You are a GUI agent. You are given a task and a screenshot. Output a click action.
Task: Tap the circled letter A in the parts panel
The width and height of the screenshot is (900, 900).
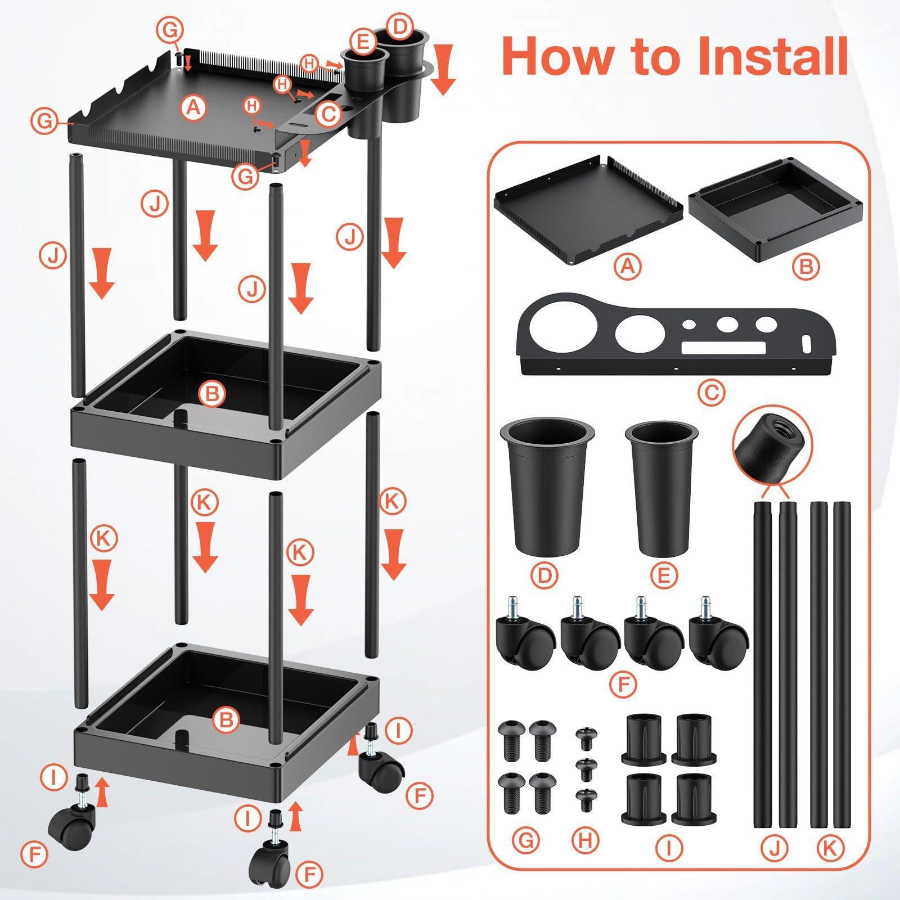[628, 266]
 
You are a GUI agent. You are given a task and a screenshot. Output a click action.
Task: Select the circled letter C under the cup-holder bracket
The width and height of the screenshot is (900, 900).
[712, 392]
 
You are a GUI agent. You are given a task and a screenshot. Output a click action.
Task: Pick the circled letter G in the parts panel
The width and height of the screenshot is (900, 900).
[526, 840]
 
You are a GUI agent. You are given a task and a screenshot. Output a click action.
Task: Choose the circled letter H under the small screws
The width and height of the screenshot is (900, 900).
[586, 840]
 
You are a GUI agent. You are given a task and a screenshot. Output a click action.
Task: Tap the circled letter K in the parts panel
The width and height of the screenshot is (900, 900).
[829, 849]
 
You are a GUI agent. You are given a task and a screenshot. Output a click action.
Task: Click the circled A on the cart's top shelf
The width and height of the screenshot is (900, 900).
[193, 106]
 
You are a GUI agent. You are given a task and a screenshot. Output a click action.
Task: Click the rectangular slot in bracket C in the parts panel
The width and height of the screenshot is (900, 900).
[723, 348]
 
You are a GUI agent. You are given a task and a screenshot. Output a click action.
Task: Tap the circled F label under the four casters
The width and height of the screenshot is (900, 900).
[623, 685]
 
